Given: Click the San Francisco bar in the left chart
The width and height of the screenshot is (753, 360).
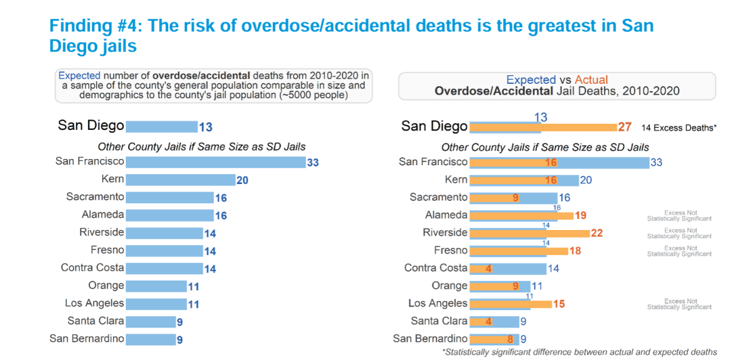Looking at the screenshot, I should click(215, 162).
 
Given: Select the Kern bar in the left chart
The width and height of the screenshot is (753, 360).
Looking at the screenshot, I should click(180, 180).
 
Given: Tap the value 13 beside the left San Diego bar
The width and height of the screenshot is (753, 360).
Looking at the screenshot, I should click(205, 127).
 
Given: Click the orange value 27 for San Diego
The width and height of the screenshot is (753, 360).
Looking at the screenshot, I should click(625, 127).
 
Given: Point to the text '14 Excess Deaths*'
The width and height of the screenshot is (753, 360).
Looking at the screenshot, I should click(679, 127).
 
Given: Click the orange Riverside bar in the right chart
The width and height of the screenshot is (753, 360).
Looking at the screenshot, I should click(528, 233).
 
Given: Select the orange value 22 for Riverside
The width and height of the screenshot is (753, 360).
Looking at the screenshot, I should click(596, 233).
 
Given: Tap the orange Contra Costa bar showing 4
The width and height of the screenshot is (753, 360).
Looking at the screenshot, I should click(480, 268).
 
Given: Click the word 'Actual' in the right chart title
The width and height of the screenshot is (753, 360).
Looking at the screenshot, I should click(591, 80).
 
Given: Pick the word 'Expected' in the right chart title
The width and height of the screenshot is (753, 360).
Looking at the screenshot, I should click(531, 80).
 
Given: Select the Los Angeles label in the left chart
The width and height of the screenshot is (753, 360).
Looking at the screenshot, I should click(94, 303).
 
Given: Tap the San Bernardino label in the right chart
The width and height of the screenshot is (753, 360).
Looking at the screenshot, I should click(430, 339).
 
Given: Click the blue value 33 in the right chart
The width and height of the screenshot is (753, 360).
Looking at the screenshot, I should click(656, 163).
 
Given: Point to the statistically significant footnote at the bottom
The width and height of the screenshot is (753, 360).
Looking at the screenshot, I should click(579, 352).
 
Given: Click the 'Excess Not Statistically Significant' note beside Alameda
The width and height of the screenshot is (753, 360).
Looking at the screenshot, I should click(679, 216).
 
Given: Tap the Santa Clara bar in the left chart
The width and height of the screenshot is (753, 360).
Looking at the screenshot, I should click(151, 322).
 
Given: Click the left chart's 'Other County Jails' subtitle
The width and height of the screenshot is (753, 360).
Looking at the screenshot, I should click(202, 146).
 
